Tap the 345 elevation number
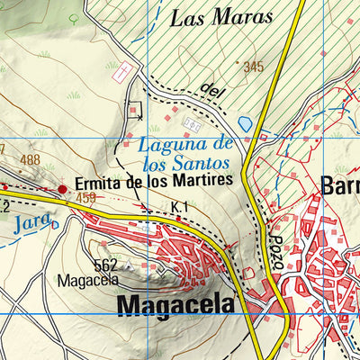(x=253, y=66)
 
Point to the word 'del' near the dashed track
(x=212, y=89)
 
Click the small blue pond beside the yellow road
(x=244, y=121)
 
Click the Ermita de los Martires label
(x=154, y=181)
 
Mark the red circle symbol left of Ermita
(x=62, y=189)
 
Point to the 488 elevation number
(x=31, y=160)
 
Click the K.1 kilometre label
(x=180, y=208)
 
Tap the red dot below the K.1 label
(x=179, y=218)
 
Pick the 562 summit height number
(x=106, y=265)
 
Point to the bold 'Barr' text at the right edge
(x=340, y=185)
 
